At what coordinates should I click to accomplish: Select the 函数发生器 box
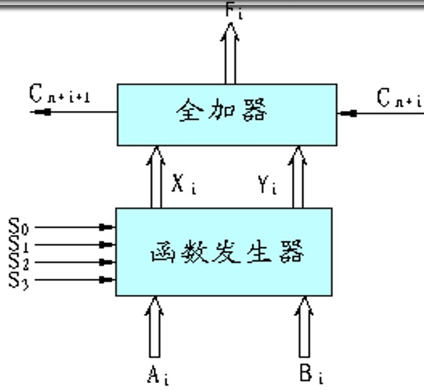(x=224, y=252)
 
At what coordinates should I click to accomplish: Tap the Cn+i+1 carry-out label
(x=60, y=94)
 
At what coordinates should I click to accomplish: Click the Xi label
(x=183, y=184)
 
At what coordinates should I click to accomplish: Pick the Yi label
(x=267, y=184)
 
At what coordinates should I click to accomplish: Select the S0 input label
(x=18, y=226)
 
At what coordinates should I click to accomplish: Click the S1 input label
(x=18, y=244)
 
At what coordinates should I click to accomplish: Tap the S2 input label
(x=18, y=262)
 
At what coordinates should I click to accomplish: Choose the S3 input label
(x=18, y=279)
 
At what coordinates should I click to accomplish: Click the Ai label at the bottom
(x=157, y=376)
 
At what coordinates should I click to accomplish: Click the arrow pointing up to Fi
(x=230, y=53)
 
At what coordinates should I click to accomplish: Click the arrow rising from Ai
(x=155, y=327)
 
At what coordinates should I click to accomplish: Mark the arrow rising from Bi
(x=305, y=327)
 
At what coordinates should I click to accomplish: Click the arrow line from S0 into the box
(x=73, y=227)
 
